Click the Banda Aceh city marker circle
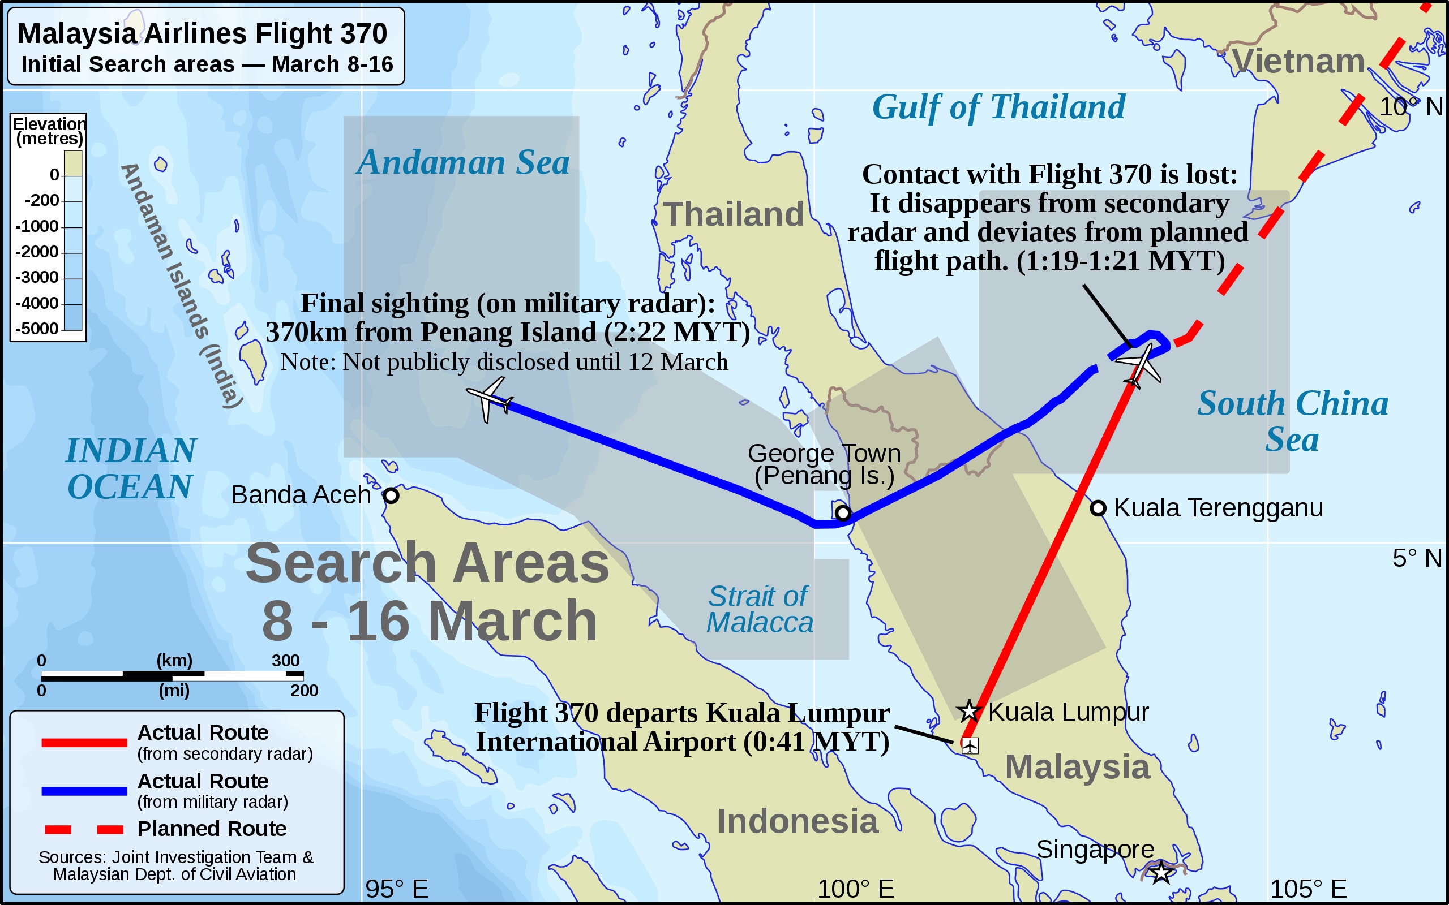(x=391, y=495)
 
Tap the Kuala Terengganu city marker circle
(x=1098, y=508)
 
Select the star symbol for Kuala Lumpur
(x=968, y=711)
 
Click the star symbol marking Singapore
(x=1161, y=872)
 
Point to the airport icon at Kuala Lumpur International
(x=970, y=745)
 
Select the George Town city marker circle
(x=843, y=513)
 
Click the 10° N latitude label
(x=1411, y=107)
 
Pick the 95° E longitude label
(x=396, y=889)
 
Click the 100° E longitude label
(x=855, y=889)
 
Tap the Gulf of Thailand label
(x=998, y=107)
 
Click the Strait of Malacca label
(x=759, y=609)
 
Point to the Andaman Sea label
(x=463, y=162)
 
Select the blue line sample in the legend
(x=84, y=791)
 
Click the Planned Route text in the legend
(x=211, y=829)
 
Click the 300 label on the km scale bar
(x=285, y=660)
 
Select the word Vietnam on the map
(x=1297, y=61)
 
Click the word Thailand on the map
(x=734, y=214)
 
